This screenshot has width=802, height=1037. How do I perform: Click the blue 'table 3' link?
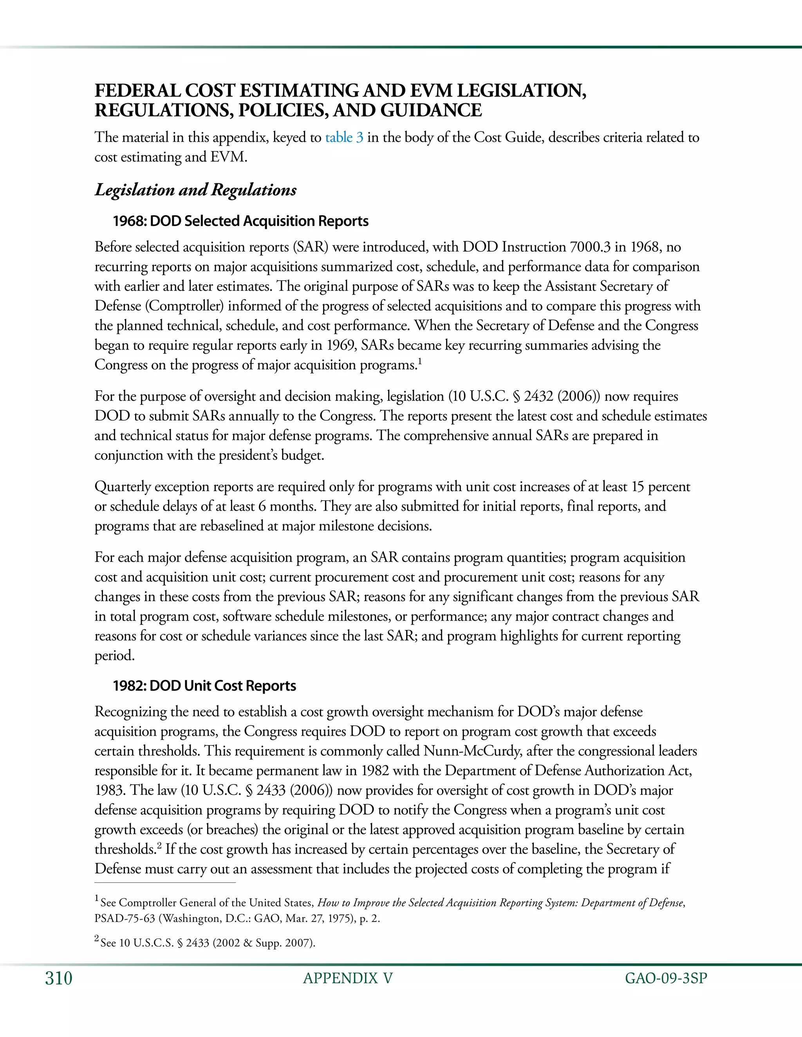344,138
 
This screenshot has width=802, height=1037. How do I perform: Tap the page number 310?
58,979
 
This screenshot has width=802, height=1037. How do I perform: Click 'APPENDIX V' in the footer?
348,979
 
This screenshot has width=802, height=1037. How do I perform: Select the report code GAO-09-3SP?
666,979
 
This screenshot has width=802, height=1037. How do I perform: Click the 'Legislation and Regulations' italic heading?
195,190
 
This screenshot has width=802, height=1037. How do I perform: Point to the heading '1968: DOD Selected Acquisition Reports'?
240,221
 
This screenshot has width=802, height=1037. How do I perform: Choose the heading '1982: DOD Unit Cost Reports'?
204,686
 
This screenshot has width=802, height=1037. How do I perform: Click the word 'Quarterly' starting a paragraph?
123,487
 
